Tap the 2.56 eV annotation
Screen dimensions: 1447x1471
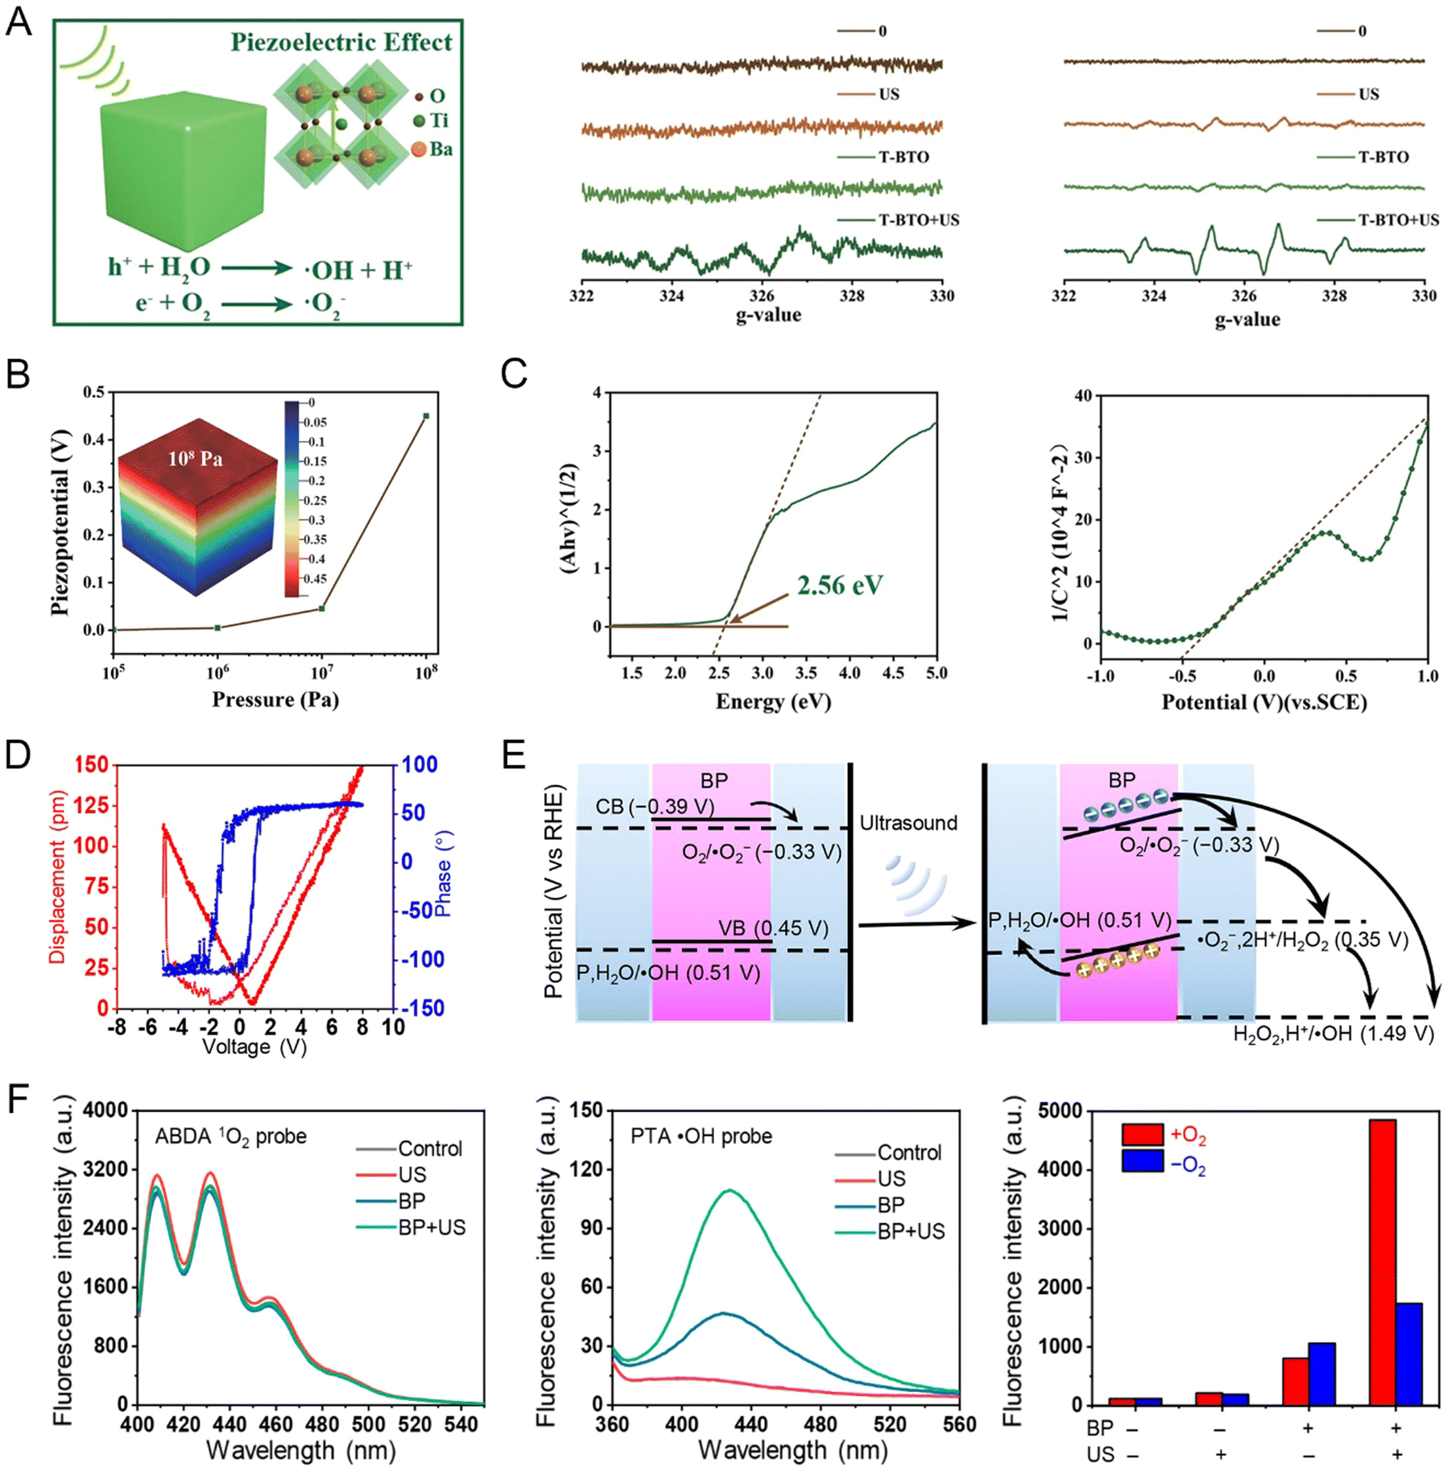point(839,585)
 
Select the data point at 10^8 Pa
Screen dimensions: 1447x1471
point(426,415)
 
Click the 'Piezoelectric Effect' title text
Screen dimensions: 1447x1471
point(341,42)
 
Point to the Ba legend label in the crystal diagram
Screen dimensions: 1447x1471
point(440,149)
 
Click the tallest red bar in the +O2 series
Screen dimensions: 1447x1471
point(1382,1261)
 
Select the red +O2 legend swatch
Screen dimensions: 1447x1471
point(1142,1134)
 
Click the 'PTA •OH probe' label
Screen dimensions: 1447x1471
point(701,1136)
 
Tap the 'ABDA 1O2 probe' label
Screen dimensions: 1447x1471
point(231,1136)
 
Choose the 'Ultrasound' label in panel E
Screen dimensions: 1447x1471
point(908,823)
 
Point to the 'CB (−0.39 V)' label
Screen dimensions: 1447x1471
point(655,807)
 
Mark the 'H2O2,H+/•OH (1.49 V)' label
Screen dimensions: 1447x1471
point(1333,1033)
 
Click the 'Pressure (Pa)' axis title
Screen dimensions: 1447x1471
point(275,699)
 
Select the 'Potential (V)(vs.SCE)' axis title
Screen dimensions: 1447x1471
point(1264,702)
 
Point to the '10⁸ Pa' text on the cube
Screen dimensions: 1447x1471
point(195,458)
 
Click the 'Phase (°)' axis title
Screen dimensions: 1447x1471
point(443,874)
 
